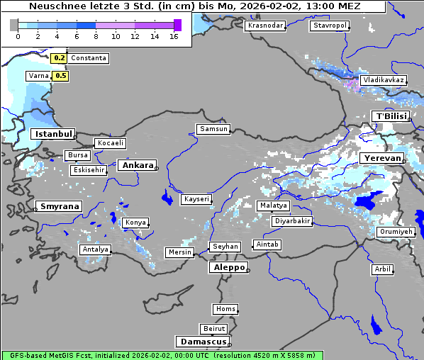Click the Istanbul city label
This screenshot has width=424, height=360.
[x=53, y=134]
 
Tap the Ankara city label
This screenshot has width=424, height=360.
[x=136, y=165]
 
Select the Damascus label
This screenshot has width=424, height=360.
[x=203, y=342]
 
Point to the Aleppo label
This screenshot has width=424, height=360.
[x=227, y=268]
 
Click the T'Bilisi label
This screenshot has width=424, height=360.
[x=391, y=116]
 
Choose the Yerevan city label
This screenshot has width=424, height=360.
[x=381, y=158]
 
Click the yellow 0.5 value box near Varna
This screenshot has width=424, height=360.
[x=60, y=76]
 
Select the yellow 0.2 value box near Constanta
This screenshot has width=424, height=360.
[x=60, y=58]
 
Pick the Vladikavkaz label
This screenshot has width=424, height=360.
[x=383, y=81]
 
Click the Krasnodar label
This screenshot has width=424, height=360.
[x=265, y=26]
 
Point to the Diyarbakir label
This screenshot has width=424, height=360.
[x=292, y=221]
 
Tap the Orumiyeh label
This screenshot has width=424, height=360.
[x=395, y=232]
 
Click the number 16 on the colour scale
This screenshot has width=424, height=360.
[x=174, y=35]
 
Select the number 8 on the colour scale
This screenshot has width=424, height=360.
[x=96, y=35]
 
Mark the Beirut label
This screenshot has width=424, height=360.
[x=213, y=329]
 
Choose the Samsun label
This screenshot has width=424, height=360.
[x=213, y=129]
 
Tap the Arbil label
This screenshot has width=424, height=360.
[x=382, y=269]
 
